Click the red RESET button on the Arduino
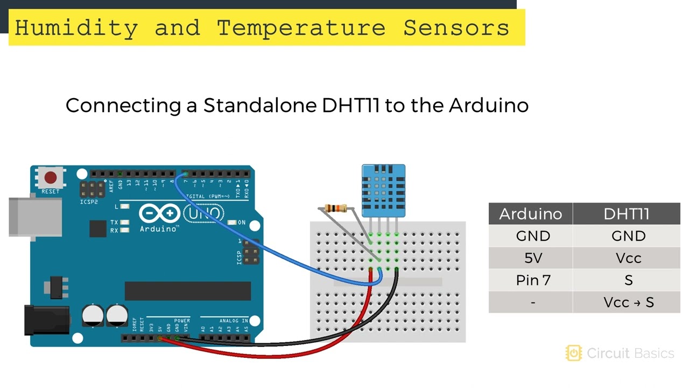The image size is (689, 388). pos(50,177)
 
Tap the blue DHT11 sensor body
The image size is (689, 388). pos(383,190)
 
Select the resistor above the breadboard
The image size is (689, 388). pos(337,209)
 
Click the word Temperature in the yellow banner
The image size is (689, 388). pos(301,27)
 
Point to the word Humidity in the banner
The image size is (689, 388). pos(76,27)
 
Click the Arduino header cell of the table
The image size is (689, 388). pos(530,214)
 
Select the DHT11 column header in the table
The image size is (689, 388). pos(626,214)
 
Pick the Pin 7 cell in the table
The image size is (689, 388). pos(533,280)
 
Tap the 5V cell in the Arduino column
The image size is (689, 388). pos(533,258)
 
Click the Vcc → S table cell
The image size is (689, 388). pos(628,302)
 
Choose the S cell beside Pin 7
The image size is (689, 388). pos(628,280)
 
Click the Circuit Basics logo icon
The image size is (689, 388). pos(574,353)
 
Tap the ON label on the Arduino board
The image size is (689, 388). pos(242,222)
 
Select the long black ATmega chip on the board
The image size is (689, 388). pos(187,290)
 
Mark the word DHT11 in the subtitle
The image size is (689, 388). pos(351,105)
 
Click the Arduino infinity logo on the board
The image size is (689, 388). pos(159,213)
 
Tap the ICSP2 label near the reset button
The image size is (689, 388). pos(89,202)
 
